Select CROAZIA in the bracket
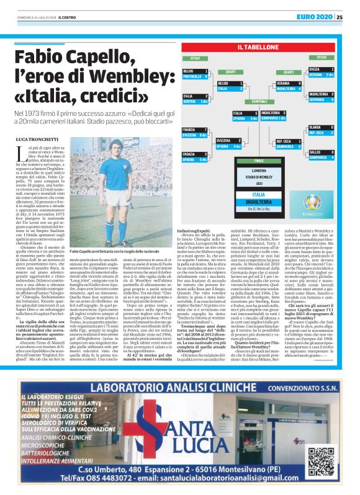tap(192, 153)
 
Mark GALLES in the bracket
tap(316, 152)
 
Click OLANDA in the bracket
tap(316, 127)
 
